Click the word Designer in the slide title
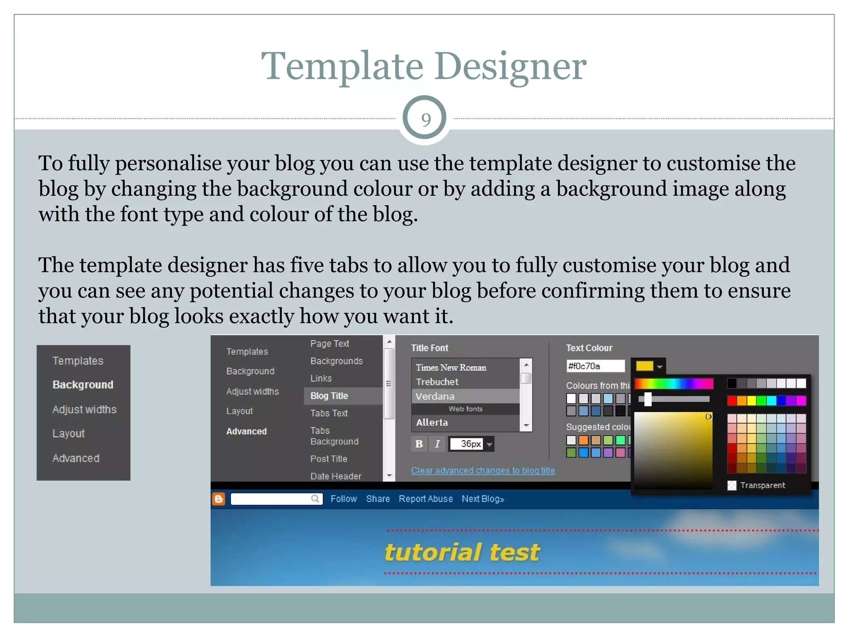pos(511,66)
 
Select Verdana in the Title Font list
pos(435,396)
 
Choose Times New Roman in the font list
pos(451,368)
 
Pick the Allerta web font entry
pos(432,423)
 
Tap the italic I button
pos(437,444)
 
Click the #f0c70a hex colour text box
pos(595,366)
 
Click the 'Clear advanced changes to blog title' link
pos(483,471)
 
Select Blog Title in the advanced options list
pos(329,396)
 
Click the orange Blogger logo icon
pos(219,499)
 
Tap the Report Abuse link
pos(425,499)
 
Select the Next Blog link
pos(483,499)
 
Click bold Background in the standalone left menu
pos(83,385)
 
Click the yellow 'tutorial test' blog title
pos(462,552)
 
